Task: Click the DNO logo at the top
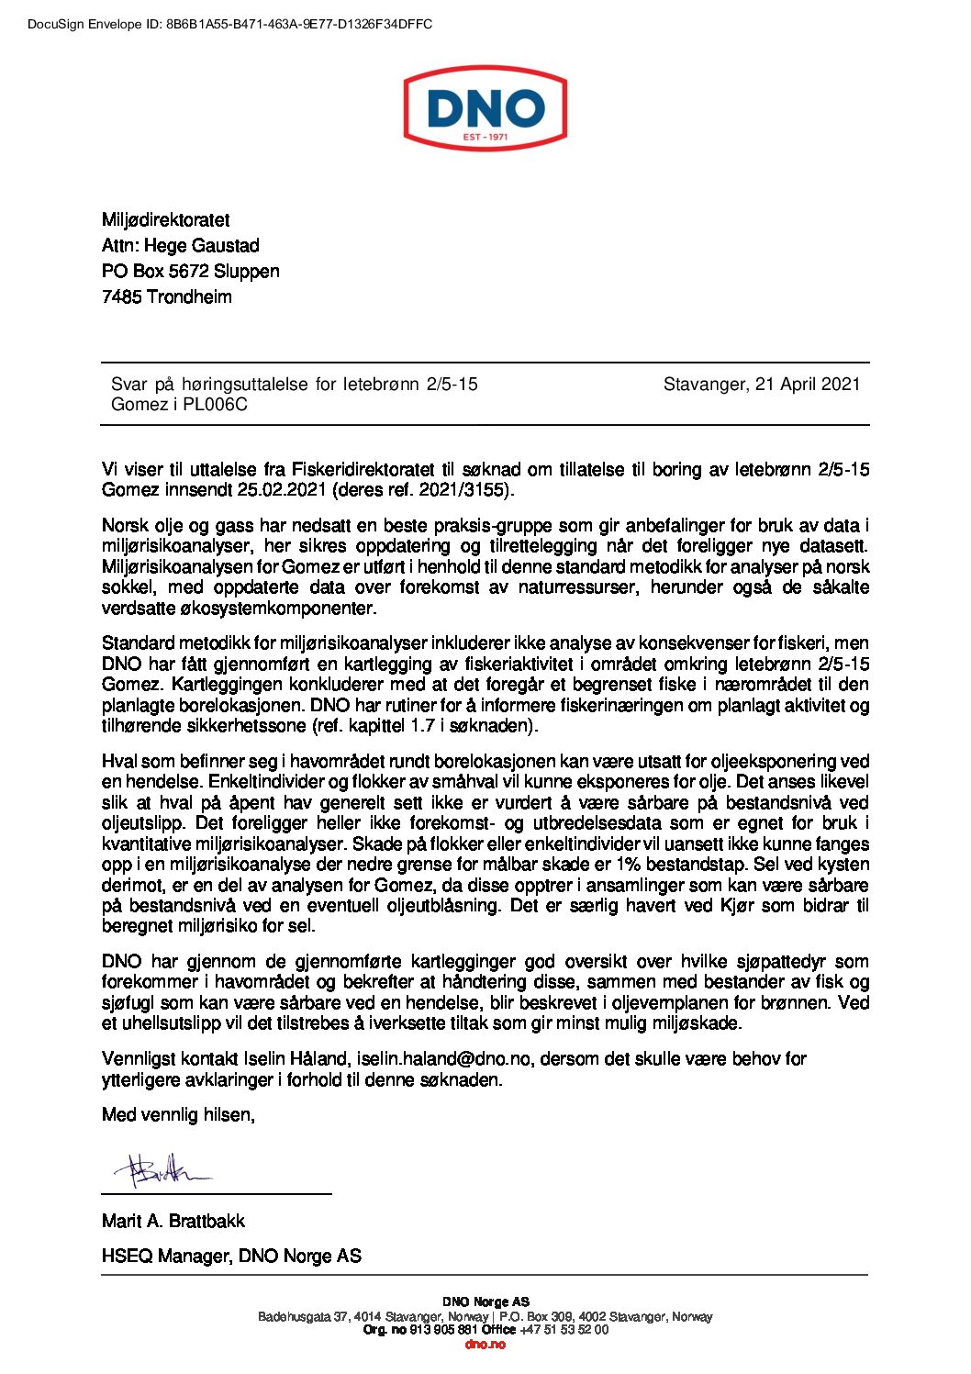tap(485, 109)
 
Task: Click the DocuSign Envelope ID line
tap(229, 24)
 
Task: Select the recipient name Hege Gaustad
tap(202, 246)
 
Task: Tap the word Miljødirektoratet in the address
tap(165, 220)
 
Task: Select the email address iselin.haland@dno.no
tap(443, 1059)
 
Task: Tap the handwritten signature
tap(158, 1169)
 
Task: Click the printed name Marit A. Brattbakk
tap(173, 1222)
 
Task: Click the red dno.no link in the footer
tap(485, 1344)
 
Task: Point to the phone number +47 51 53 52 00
tap(564, 1330)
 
